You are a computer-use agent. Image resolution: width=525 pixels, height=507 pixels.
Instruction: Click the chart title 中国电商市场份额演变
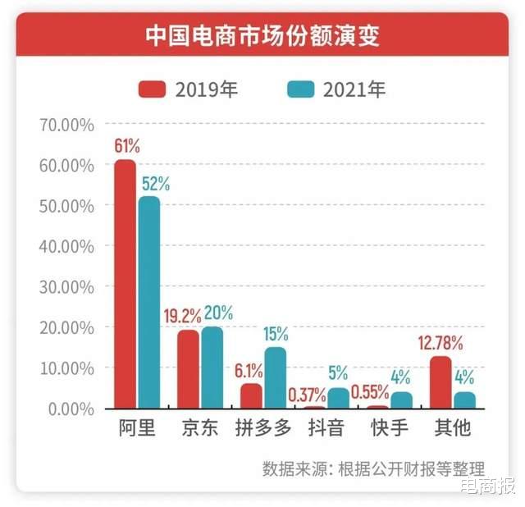point(262,35)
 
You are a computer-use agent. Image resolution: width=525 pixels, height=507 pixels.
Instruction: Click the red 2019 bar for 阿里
point(125,283)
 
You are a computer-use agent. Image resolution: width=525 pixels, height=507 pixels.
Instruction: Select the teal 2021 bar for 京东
point(212,367)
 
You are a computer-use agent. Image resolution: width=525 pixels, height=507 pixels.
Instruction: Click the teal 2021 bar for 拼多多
point(275,377)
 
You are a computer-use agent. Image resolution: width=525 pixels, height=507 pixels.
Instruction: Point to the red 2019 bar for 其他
point(441,381)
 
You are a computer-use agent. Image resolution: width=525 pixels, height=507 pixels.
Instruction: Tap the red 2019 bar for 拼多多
point(251,395)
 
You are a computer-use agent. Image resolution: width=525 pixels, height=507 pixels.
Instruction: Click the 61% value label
point(127,147)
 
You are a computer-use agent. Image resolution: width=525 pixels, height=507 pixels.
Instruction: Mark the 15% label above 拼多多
point(276,334)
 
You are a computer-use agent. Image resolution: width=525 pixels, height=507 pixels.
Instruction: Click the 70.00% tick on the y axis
point(66,125)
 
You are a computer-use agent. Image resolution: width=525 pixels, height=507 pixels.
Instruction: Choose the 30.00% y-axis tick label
point(66,287)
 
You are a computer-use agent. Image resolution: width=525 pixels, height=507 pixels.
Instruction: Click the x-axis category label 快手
point(390,428)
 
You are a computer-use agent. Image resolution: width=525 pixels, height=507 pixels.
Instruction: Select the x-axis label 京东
point(200,428)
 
